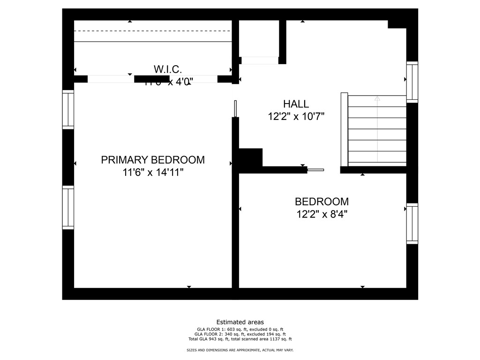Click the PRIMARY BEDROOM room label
[x=153, y=160]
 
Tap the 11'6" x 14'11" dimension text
[x=153, y=172]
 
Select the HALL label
[x=296, y=104]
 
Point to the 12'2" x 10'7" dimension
[x=296, y=116]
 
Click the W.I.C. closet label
[x=167, y=69]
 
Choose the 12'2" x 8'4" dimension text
[x=322, y=214]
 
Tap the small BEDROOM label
[x=322, y=202]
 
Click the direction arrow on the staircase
[x=377, y=99]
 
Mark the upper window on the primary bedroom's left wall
[x=68, y=110]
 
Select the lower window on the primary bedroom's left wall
[x=68, y=208]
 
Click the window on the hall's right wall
[x=412, y=82]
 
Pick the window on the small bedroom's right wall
[x=412, y=224]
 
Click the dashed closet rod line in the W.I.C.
[x=153, y=31]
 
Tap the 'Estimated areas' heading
[x=240, y=322]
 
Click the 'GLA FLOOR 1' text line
[x=240, y=329]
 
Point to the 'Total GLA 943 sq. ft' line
[x=240, y=339]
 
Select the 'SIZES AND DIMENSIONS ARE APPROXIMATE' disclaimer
[x=240, y=350]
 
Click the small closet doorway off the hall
[x=259, y=60]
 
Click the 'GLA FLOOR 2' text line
[x=240, y=334]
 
